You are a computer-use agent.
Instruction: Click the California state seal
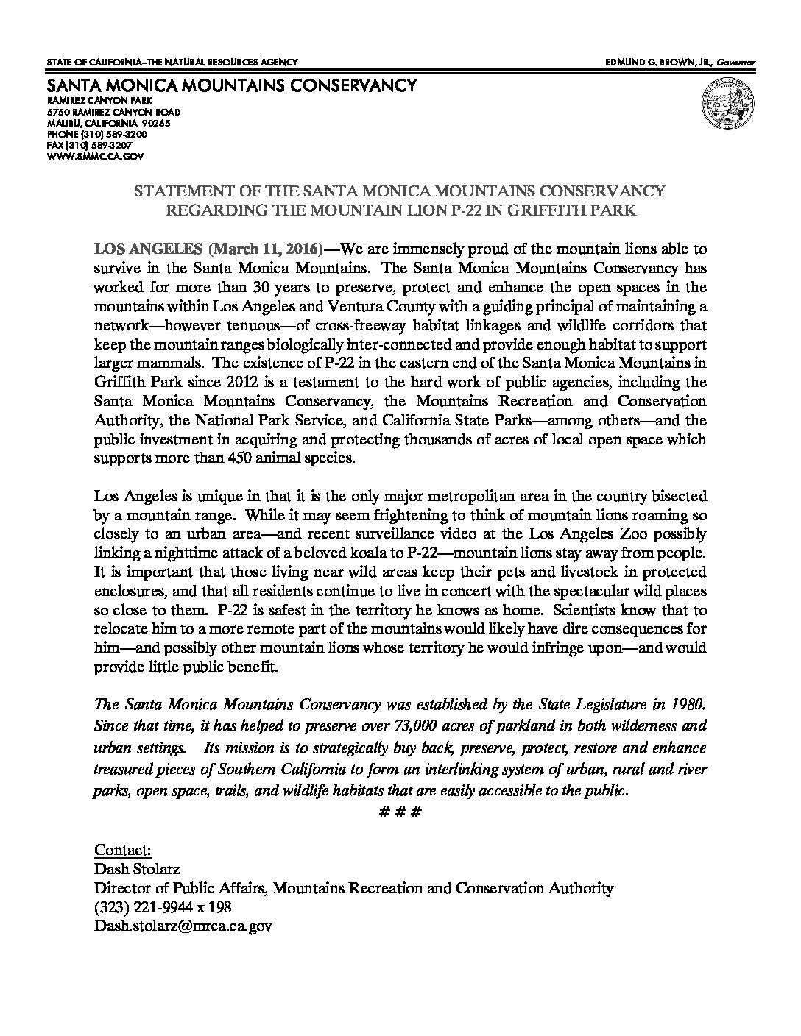(724, 105)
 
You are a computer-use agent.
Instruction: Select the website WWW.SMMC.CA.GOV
(94, 157)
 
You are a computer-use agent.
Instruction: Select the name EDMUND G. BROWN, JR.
(650, 63)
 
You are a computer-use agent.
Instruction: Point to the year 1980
(690, 706)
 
